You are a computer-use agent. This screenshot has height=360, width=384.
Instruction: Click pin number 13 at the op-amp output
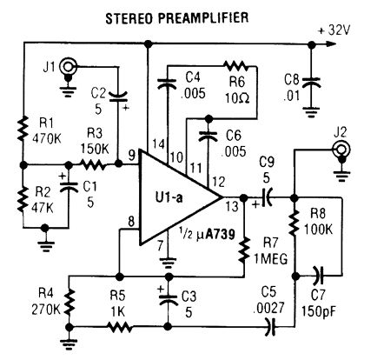click(x=233, y=207)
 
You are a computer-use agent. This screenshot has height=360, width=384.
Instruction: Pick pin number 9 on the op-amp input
click(x=132, y=157)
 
